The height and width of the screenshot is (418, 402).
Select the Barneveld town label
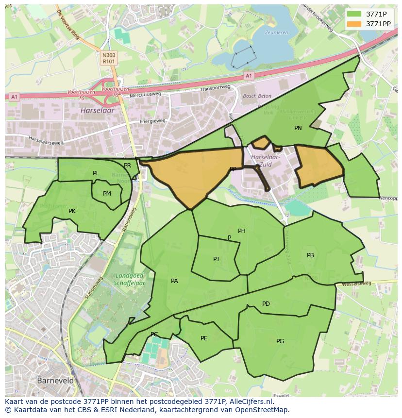[x=55, y=381]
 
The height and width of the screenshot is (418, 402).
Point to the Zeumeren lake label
[x=276, y=33]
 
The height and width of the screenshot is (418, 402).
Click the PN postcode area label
[x=298, y=128]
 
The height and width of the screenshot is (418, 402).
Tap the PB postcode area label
[x=310, y=255]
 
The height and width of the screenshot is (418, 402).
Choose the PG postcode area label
[x=280, y=341]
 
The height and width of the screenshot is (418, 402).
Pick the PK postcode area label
[x=72, y=211]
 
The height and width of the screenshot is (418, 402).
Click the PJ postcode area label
[x=216, y=259]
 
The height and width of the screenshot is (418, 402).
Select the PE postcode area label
[x=204, y=338]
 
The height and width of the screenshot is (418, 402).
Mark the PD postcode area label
[x=266, y=304]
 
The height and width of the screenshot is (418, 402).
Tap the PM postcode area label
[x=107, y=194]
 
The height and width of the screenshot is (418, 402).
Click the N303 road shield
[x=109, y=55]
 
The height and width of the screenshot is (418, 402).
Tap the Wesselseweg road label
[x=356, y=283]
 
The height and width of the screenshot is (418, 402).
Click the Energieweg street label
[x=152, y=121]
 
